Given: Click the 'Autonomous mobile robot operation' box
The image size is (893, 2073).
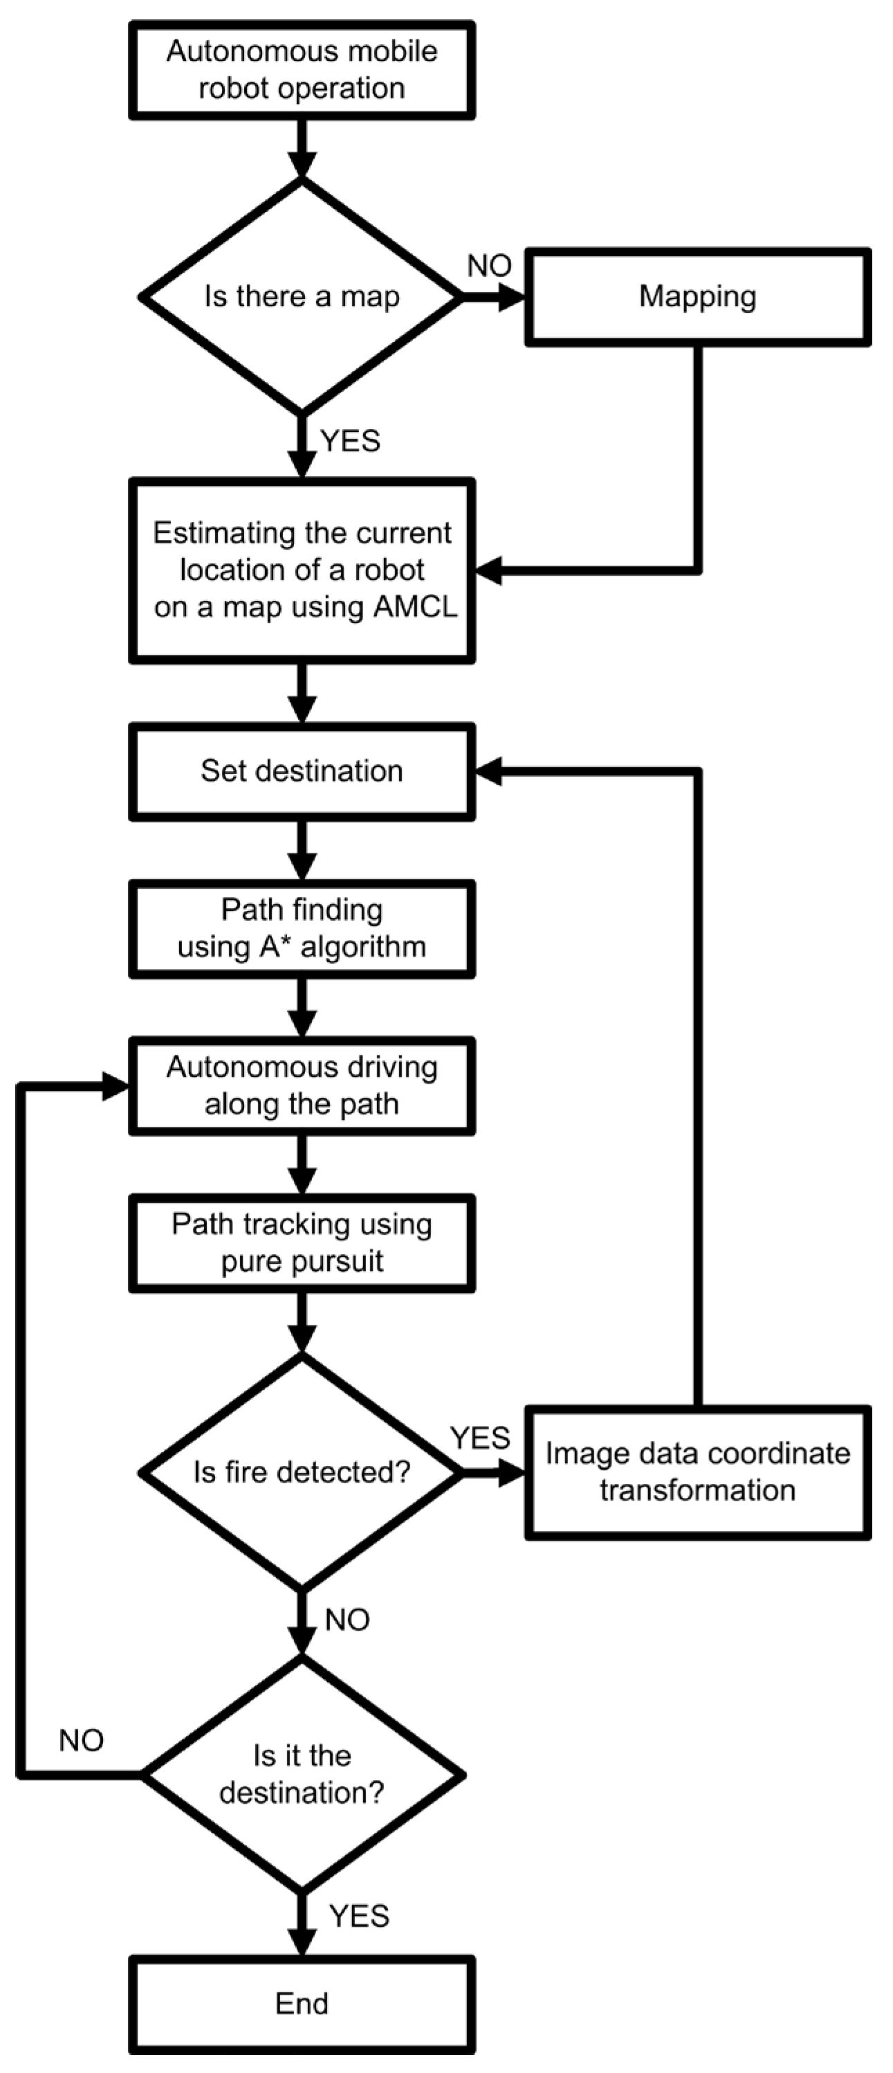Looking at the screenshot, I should (x=302, y=70).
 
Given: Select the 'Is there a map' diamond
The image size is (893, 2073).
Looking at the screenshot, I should (x=302, y=296).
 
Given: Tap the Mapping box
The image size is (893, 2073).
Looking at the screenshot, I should (x=697, y=296).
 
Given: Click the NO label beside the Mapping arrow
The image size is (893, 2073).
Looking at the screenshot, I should (x=489, y=266).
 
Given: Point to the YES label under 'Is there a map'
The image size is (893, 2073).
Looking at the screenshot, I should (x=350, y=441).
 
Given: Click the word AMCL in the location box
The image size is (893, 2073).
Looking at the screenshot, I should (x=415, y=606).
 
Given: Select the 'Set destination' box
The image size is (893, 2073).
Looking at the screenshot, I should (x=302, y=771).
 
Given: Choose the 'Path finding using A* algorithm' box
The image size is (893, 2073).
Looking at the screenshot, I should (x=302, y=928).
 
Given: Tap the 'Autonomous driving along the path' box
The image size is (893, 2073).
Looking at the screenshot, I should (x=302, y=1085).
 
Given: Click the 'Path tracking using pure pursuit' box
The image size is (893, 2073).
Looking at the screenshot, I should (x=302, y=1242).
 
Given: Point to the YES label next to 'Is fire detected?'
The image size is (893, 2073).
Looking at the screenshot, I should (x=479, y=1438).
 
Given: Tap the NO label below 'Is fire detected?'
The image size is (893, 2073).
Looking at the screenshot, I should (x=347, y=1619).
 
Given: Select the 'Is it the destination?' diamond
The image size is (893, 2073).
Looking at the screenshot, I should (x=302, y=1775).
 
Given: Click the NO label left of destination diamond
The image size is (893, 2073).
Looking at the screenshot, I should (x=81, y=1741).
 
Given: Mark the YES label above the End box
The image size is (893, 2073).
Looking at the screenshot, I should (x=359, y=1916).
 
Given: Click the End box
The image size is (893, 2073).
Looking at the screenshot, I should (x=302, y=2003).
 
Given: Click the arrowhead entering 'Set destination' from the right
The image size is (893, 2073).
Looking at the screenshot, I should (x=488, y=771).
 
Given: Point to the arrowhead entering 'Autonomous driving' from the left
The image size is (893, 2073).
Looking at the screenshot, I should (x=115, y=1087).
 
